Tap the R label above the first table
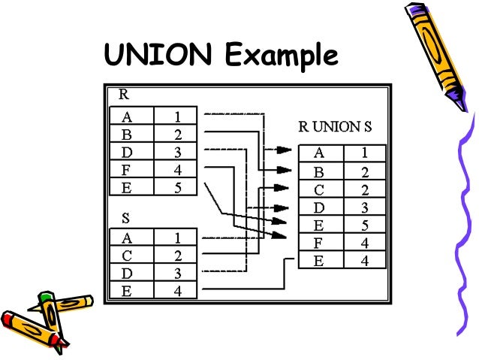[123, 95]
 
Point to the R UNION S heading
[335, 126]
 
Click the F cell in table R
[131, 170]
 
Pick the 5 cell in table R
[176, 188]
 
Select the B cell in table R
[131, 134]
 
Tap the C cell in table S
[131, 255]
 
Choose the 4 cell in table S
[176, 291]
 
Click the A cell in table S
[131, 237]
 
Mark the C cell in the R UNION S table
[319, 189]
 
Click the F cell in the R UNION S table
[319, 243]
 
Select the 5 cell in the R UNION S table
[364, 225]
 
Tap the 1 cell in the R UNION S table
[364, 153]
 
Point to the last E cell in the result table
[319, 261]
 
